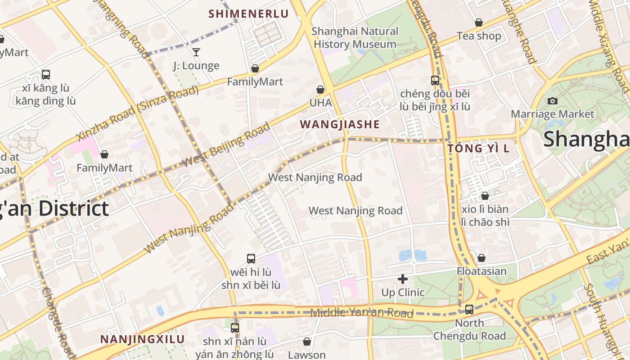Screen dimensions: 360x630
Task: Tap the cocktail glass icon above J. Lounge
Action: (x=196, y=52)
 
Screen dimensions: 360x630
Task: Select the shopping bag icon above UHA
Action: (x=320, y=90)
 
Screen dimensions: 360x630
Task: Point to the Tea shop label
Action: (x=479, y=36)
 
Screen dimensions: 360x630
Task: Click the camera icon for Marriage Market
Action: (x=553, y=101)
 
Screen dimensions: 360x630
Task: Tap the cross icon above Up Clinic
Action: (x=403, y=279)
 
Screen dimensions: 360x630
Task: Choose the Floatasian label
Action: (x=481, y=271)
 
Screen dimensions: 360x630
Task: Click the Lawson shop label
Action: (x=306, y=355)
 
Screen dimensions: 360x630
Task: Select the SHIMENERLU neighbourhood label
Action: (x=248, y=14)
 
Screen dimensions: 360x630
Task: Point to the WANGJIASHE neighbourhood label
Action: (x=340, y=125)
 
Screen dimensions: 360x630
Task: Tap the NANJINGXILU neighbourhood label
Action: (x=142, y=339)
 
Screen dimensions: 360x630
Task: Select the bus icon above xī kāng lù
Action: (x=45, y=75)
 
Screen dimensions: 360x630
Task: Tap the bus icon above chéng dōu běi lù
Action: (x=435, y=81)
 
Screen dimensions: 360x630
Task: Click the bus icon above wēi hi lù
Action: (x=251, y=259)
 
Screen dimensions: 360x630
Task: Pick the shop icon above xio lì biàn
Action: (x=485, y=196)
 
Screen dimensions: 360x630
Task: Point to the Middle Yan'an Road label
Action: (x=362, y=313)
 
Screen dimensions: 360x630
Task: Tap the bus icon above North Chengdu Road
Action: (x=469, y=310)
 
